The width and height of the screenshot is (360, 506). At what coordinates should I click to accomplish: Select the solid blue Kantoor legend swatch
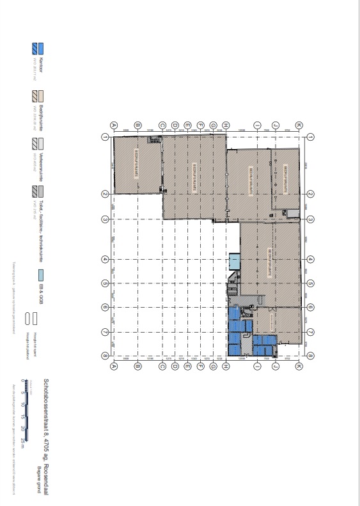(x=41, y=48)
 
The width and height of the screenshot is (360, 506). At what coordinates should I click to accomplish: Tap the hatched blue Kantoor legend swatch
(x=33, y=48)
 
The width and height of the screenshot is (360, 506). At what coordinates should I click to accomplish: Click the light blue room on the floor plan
(x=234, y=261)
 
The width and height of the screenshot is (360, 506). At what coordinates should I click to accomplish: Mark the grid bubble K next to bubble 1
(x=298, y=125)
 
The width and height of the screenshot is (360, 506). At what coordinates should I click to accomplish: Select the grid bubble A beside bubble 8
(x=113, y=367)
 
